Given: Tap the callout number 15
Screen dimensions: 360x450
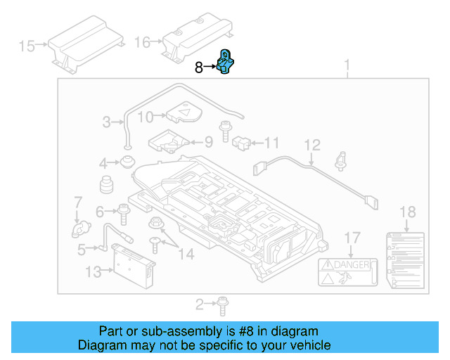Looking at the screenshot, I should click(x=27, y=46).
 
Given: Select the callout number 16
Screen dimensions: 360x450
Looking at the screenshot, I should click(x=142, y=43).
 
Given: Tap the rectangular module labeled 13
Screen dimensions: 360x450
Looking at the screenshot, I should click(x=127, y=266).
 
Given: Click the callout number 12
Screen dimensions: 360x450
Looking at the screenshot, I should click(x=311, y=145).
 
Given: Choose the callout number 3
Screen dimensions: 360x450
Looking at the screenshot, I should click(x=106, y=122).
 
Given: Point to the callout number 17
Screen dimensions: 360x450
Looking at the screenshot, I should click(x=352, y=238).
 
